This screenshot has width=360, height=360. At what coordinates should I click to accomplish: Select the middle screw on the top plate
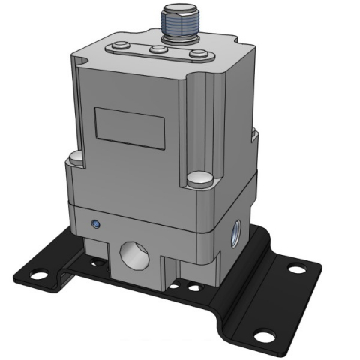coord(158,50)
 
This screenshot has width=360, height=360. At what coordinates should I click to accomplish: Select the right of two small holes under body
coord(194,287)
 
